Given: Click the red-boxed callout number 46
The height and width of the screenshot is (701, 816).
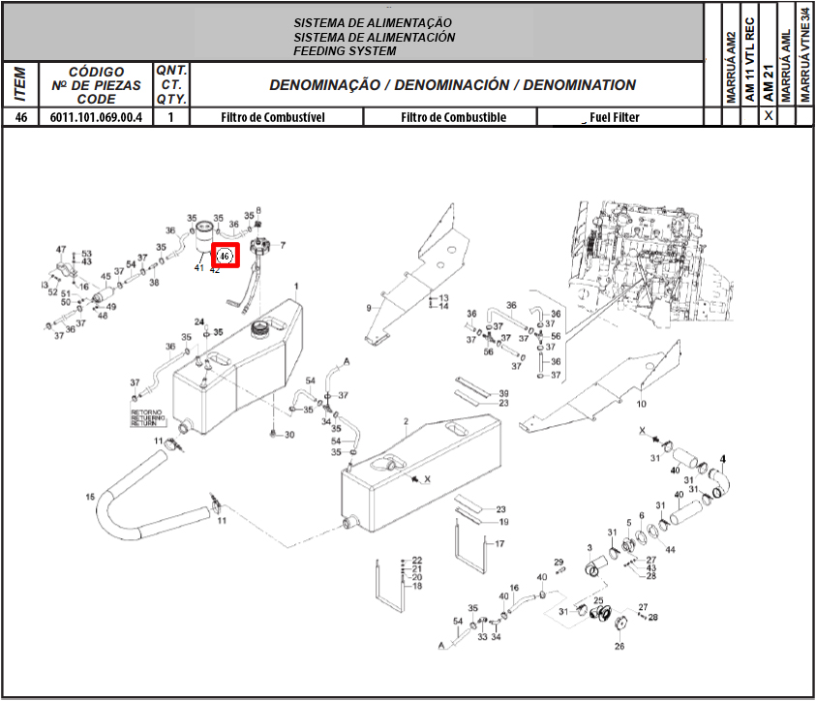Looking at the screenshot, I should pos(225,256).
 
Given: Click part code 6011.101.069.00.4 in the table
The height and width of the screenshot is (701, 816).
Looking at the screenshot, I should pos(96,117).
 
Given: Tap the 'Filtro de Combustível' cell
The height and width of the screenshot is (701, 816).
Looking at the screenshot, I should pos(272,117).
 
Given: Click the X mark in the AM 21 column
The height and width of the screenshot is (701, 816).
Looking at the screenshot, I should pos(769,116).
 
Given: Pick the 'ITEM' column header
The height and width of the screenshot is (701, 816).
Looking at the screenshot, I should pos(20,84).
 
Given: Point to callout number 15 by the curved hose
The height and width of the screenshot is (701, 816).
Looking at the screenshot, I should pos(90,498).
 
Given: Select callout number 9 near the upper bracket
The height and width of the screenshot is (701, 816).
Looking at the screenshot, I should pos(369,307).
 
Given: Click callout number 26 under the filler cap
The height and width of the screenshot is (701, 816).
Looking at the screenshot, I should pos(620,646).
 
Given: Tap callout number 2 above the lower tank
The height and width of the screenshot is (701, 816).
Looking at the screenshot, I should pos(407,422).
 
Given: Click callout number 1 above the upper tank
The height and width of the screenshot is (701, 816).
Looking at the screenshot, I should pos(296,286).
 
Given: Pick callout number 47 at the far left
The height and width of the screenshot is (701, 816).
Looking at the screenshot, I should pos(61,250).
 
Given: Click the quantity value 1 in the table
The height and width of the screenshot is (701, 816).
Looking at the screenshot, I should pos(171,117).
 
